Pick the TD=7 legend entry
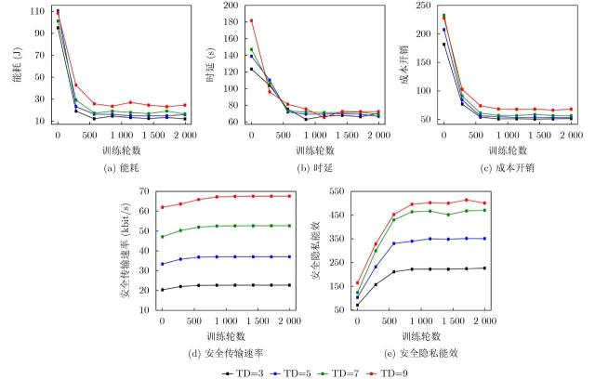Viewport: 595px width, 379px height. click(341, 372)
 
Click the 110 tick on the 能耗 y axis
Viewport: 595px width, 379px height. click(37, 11)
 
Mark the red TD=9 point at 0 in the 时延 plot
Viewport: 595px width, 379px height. click(251, 20)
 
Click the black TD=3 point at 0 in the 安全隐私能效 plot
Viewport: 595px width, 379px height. click(357, 305)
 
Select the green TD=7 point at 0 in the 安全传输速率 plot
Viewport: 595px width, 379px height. click(163, 236)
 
